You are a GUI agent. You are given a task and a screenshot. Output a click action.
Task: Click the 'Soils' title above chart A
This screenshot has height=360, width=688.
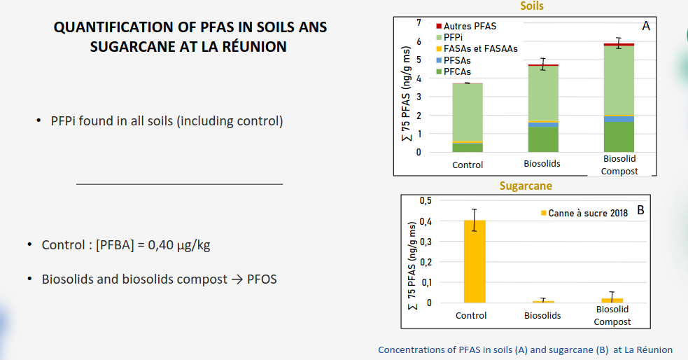point(532,6)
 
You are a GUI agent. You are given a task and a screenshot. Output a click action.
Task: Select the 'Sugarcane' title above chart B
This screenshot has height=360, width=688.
point(526,186)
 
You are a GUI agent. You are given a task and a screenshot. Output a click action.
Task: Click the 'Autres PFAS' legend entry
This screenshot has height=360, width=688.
point(466,26)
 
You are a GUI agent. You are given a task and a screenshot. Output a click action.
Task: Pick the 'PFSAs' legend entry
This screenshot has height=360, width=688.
point(454,60)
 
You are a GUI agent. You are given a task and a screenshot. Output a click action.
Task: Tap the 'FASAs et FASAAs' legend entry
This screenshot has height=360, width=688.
point(477,49)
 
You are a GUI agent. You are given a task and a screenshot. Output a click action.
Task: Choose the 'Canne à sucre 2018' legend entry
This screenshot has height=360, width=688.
point(584,213)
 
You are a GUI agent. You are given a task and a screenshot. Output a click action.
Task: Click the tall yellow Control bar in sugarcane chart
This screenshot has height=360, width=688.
point(475,261)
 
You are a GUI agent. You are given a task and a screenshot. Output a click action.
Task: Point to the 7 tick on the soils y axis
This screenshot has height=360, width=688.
point(419,22)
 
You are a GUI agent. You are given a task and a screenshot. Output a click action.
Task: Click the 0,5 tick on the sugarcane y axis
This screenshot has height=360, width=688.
point(426,200)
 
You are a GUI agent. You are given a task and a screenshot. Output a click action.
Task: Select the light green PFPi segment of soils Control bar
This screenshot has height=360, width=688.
point(468,112)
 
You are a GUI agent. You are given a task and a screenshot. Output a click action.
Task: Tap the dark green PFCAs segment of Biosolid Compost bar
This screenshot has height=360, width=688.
point(619,137)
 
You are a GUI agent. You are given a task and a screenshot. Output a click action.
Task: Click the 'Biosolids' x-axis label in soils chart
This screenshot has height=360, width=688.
point(542,163)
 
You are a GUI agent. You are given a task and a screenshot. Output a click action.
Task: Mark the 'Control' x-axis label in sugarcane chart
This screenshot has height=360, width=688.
point(471,315)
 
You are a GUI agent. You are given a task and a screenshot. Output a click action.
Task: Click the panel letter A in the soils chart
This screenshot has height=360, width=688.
point(646,26)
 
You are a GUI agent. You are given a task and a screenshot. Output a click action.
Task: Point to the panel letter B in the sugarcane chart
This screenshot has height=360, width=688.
point(640,210)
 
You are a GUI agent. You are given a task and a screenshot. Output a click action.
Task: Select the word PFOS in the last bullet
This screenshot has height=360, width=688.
point(262,279)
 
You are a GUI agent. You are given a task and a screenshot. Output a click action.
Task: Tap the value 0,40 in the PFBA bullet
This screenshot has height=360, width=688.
point(160,245)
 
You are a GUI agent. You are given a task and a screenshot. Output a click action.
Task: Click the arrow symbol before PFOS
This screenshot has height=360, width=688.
point(237,279)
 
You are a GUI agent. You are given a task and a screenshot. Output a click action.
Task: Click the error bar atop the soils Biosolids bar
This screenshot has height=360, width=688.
point(543,64)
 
